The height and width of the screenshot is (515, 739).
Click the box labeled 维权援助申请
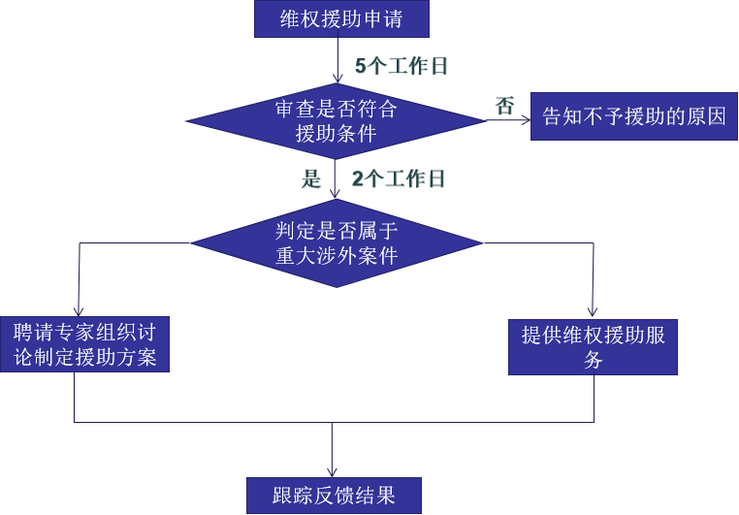340,18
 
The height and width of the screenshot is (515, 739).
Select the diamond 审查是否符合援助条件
336,121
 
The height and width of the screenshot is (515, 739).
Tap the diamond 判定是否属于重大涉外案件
336,242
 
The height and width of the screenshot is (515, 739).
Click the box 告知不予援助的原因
633,117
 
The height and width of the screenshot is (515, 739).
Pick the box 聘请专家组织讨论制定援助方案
84,344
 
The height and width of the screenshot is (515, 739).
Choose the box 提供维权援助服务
593,346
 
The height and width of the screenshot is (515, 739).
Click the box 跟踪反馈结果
335,495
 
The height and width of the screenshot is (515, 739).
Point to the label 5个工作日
402,67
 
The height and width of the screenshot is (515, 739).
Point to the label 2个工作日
398,178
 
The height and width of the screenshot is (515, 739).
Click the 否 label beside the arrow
504,106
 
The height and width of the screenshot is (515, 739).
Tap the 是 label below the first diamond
310,178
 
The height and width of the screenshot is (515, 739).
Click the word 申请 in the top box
388,18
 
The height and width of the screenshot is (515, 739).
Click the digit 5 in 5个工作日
360,67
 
